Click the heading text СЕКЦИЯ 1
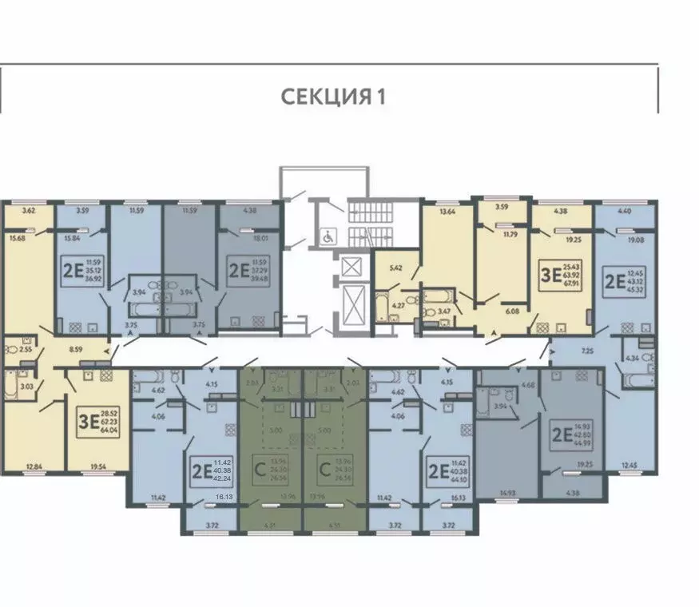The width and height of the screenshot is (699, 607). point(333,97)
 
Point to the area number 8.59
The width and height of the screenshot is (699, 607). point(77,348)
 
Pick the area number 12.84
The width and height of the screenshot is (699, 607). point(33,467)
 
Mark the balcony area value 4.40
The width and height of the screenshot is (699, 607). point(626,211)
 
